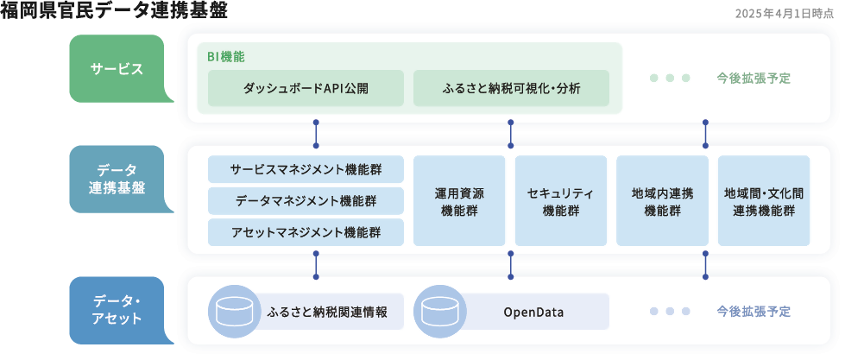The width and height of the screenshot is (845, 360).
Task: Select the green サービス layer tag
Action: click(x=117, y=69)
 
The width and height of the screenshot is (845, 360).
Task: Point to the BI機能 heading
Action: click(x=225, y=56)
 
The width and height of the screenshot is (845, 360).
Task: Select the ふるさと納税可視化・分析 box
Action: click(x=511, y=88)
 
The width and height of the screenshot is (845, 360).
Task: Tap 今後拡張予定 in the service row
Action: click(x=753, y=78)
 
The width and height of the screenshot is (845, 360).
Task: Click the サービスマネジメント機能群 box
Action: click(x=306, y=169)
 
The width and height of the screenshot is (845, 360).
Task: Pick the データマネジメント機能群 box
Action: click(x=306, y=200)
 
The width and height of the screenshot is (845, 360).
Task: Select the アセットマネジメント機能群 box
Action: click(x=306, y=232)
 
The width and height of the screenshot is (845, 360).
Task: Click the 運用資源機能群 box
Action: click(x=459, y=200)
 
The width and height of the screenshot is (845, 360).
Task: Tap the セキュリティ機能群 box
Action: click(x=560, y=200)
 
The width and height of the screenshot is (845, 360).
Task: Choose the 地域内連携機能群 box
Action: click(x=662, y=200)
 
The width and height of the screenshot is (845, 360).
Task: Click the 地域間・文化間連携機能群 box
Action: click(x=764, y=200)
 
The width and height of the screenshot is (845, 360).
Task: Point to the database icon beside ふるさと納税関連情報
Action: click(x=234, y=311)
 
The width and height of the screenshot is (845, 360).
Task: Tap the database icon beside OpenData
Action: click(x=439, y=311)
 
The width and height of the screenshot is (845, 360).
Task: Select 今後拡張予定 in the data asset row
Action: click(x=753, y=311)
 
